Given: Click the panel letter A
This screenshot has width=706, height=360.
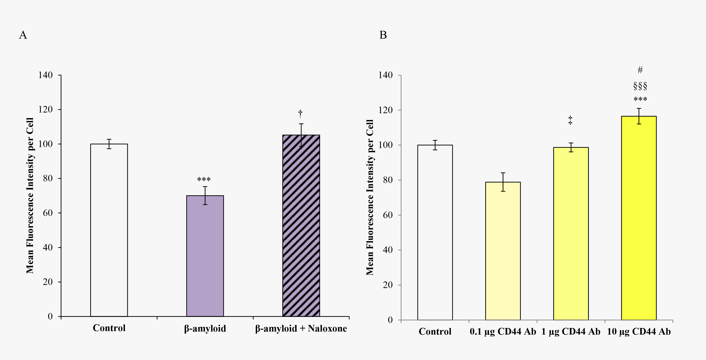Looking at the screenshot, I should point(23,35).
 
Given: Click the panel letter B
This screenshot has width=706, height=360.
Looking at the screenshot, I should point(383,35).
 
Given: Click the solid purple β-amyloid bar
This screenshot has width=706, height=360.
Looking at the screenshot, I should point(205,256).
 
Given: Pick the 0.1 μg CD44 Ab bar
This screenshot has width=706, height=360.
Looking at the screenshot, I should point(503,251).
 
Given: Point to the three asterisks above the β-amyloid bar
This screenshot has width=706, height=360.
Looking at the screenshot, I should point(204,180).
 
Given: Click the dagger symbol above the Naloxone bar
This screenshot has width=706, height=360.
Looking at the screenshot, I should point(300,113).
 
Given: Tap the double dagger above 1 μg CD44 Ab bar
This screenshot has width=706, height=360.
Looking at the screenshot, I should point(570,120).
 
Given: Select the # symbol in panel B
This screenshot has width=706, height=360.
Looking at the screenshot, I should point(640,70).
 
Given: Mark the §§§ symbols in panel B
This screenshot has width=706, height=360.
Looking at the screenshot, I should point(640,86).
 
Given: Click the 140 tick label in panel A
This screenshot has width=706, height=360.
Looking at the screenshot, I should point(45,75).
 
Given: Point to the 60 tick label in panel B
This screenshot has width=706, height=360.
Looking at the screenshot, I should point(388,215).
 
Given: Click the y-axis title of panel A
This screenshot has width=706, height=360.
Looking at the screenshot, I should point(30,196).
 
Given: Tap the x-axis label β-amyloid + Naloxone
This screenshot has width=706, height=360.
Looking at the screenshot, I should point(301,328).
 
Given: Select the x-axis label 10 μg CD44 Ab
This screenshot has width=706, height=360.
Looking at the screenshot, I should point(639,332).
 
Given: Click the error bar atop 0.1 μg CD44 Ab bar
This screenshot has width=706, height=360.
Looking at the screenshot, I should point(503,182).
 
